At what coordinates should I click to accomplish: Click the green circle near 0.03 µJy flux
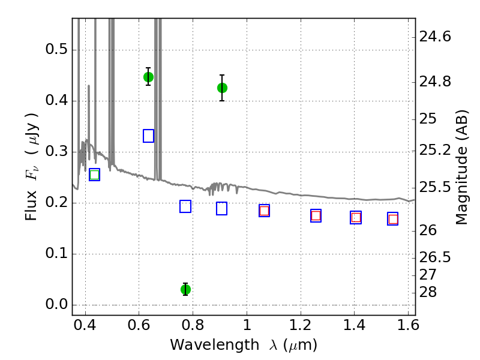point(185,289)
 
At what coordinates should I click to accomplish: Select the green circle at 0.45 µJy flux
point(148,77)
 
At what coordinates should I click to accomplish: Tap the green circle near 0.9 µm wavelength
point(222,88)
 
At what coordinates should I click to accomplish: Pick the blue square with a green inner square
point(95,175)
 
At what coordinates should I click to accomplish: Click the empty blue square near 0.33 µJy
point(148,136)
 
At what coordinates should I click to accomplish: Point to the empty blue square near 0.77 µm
point(185,206)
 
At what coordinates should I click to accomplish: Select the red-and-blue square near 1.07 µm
point(264,211)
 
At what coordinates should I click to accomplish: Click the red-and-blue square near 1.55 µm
point(393,219)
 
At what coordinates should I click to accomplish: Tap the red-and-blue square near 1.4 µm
point(356,217)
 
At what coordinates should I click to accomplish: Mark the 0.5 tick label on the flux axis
point(56,49)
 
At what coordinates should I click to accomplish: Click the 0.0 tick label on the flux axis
point(56,304)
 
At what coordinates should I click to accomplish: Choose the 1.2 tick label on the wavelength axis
point(301,325)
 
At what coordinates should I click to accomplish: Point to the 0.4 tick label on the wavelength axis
point(85,325)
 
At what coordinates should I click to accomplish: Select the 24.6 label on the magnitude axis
point(435,37)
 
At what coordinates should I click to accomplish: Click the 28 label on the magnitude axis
point(428,292)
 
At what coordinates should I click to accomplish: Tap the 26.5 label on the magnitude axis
point(435,257)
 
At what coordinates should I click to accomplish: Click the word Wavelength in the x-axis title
point(215,345)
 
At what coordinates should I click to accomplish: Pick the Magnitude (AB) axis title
point(462,167)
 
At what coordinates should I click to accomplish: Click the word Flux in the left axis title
point(31,206)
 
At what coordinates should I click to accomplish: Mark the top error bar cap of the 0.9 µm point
point(222,75)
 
